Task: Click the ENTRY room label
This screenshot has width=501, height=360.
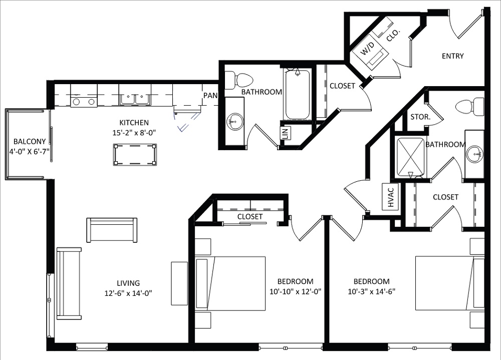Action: pos(452,56)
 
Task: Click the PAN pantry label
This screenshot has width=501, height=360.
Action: pos(209,95)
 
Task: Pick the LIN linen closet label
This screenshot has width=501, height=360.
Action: pos(284,134)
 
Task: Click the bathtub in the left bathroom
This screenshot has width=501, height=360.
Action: pos(297,95)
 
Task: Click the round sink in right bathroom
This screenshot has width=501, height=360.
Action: pos(473,154)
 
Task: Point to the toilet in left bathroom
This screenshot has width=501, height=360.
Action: pos(241,80)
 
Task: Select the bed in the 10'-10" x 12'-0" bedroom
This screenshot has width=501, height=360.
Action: pos(230,283)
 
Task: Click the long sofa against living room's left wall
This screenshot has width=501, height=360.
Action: pos(69,283)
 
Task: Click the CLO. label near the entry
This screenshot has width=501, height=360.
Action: pos(393,35)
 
